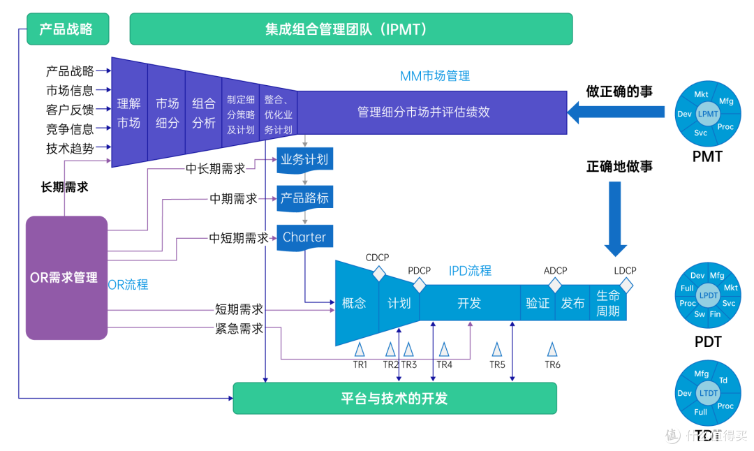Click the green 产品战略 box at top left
click(x=68, y=29)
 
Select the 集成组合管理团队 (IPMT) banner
click(x=350, y=29)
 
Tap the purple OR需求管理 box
click(x=66, y=277)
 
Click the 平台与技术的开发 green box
click(x=394, y=399)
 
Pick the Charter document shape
click(x=304, y=237)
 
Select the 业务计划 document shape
click(x=304, y=159)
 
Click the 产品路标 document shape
click(x=304, y=198)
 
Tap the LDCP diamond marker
click(x=626, y=285)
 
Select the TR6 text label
click(x=552, y=364)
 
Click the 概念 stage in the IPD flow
click(x=354, y=304)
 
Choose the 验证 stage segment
click(x=538, y=304)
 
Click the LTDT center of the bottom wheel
click(x=708, y=394)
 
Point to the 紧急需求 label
click(x=239, y=329)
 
